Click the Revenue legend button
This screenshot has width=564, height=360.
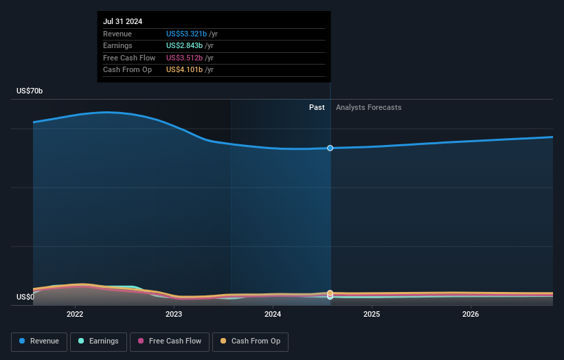click(x=39, y=341)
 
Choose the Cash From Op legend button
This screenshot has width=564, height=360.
click(x=250, y=341)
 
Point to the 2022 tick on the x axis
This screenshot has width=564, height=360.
click(x=75, y=314)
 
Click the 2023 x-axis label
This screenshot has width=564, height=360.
click(x=174, y=314)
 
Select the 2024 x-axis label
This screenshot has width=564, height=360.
click(x=273, y=314)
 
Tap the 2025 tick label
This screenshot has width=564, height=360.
click(x=372, y=314)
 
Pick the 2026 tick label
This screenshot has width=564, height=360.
click(x=471, y=314)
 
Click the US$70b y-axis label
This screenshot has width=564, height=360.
click(x=30, y=91)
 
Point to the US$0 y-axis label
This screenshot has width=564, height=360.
click(x=25, y=297)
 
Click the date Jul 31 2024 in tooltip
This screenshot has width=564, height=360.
click(x=124, y=21)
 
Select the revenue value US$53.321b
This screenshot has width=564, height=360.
click(x=187, y=34)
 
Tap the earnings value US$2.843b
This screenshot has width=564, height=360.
click(x=184, y=46)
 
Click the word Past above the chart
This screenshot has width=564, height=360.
click(x=317, y=107)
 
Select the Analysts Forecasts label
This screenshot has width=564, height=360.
click(x=368, y=107)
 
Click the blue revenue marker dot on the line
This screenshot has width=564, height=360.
click(x=330, y=148)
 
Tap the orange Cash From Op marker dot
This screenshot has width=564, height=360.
click(x=330, y=293)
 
